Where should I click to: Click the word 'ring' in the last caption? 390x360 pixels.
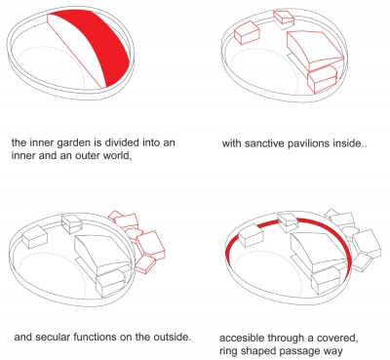(226, 351)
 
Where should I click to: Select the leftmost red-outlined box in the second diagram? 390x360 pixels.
(247, 32)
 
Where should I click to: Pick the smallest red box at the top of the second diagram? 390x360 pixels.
(284, 17)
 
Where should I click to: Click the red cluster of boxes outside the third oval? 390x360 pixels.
(137, 240)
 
